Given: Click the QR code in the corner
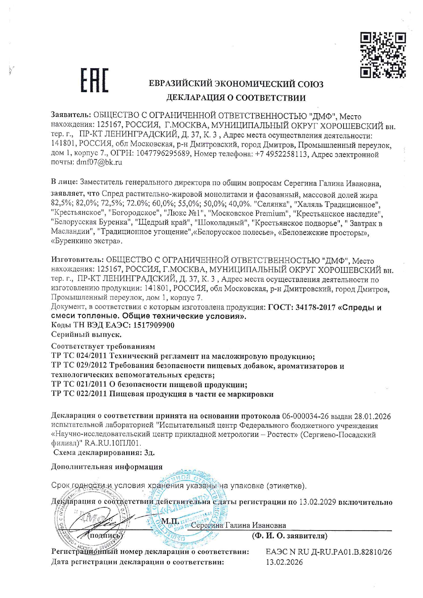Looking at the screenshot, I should (383, 54).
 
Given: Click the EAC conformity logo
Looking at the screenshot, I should (94, 80).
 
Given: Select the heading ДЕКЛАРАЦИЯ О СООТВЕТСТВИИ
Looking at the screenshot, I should (236, 98).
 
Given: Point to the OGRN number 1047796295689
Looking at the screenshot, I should (163, 154).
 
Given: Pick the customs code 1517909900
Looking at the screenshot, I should (154, 325).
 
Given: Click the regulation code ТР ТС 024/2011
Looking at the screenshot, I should (78, 357).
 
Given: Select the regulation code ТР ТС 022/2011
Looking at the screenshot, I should (78, 394).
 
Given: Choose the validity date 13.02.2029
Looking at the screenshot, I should (318, 502).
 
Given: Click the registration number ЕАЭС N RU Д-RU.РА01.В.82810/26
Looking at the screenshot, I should (329, 552).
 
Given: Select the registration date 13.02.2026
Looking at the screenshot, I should (284, 562).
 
